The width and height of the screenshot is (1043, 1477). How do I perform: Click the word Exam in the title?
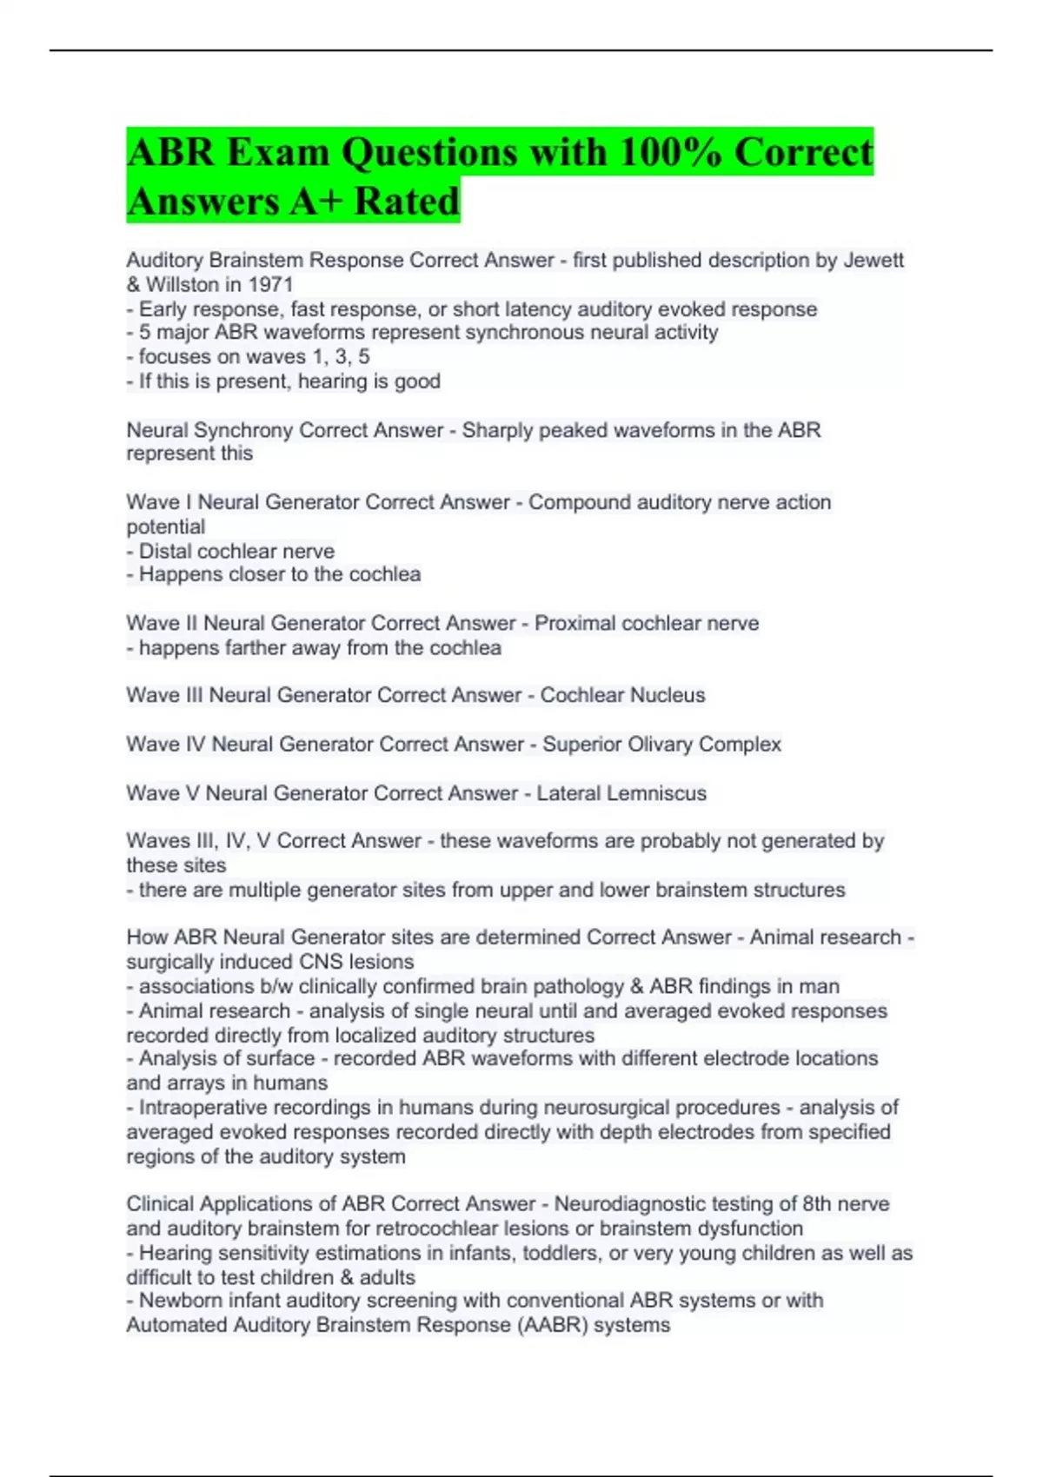click(x=278, y=152)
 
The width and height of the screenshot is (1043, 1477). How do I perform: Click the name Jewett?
click(x=874, y=260)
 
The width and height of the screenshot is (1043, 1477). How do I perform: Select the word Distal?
click(x=166, y=551)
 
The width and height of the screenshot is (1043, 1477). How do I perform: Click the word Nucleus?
click(x=666, y=695)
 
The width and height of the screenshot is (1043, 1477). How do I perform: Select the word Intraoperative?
click(x=203, y=1107)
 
